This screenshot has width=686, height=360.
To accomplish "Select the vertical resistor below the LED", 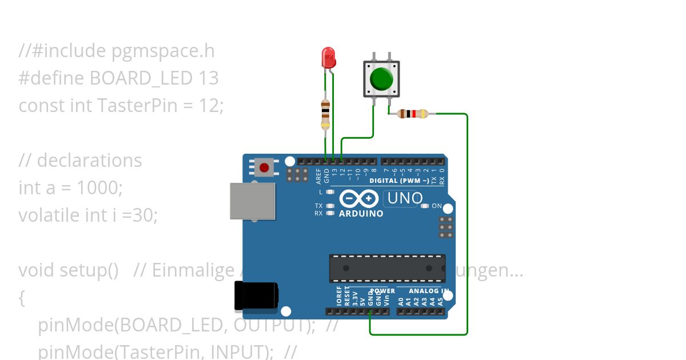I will click(x=325, y=114).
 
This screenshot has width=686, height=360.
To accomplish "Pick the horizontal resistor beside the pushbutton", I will click(x=413, y=114).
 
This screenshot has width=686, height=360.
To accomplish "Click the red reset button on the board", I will click(x=264, y=167).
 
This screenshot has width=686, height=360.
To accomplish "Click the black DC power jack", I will click(x=257, y=297).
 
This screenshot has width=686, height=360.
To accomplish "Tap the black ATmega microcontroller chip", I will click(x=387, y=268).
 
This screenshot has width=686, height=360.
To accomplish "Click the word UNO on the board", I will click(x=405, y=198).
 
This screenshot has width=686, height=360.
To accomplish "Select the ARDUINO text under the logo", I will click(x=361, y=214).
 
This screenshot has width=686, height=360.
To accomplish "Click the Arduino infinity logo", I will click(x=359, y=198).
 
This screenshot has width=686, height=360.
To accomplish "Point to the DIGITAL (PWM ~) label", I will click(x=399, y=181).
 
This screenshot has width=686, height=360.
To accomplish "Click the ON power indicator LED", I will click(x=424, y=206).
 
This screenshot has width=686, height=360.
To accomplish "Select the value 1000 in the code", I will click(x=99, y=187).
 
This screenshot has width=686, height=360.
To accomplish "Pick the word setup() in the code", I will click(x=92, y=270).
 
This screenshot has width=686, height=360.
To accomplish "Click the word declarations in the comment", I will click(x=89, y=161).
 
